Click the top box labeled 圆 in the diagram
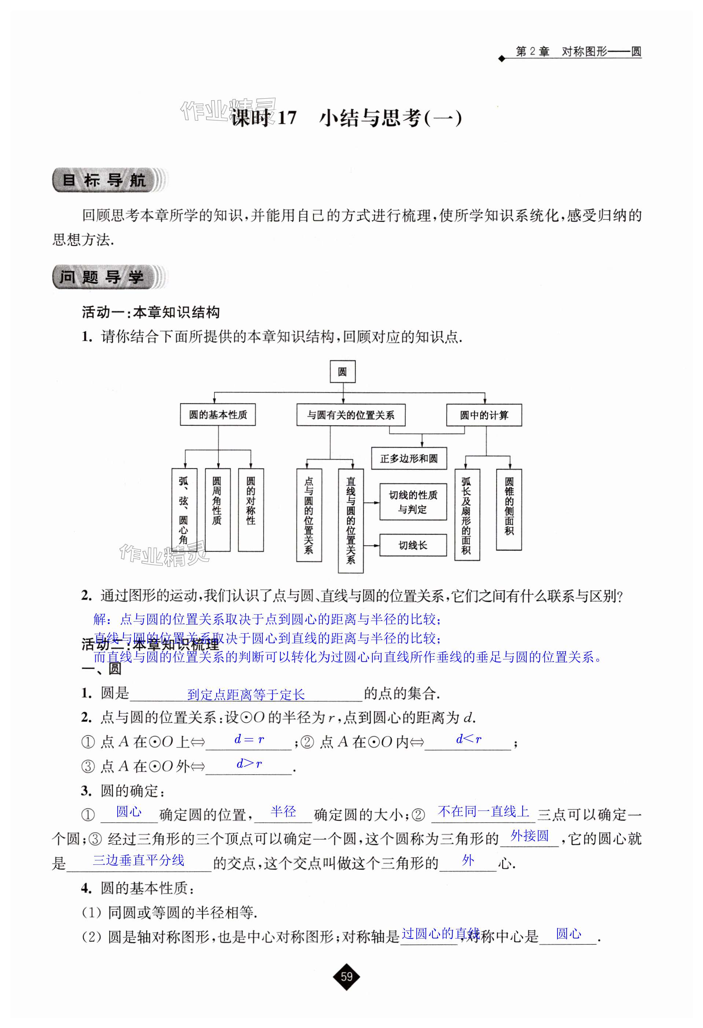click(x=342, y=372)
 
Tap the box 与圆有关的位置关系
click(x=351, y=415)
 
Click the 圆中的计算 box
click(x=484, y=415)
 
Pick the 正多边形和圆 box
click(x=409, y=458)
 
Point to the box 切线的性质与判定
click(x=413, y=502)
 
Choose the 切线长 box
click(x=413, y=545)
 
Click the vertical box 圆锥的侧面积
click(x=509, y=509)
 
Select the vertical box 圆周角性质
click(x=217, y=509)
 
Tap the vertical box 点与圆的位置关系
click(x=309, y=515)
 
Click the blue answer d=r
click(x=249, y=739)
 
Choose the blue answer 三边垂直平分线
click(x=139, y=860)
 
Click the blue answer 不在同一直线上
click(x=483, y=811)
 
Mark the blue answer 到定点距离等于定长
click(x=246, y=695)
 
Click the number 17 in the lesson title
click(x=287, y=118)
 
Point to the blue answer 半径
click(x=283, y=811)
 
